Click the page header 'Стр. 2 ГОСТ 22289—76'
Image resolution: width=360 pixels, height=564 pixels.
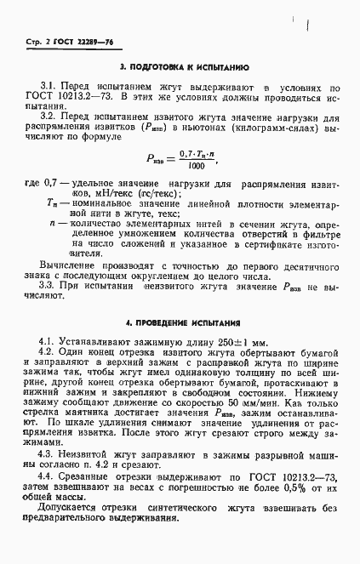[60, 42]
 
